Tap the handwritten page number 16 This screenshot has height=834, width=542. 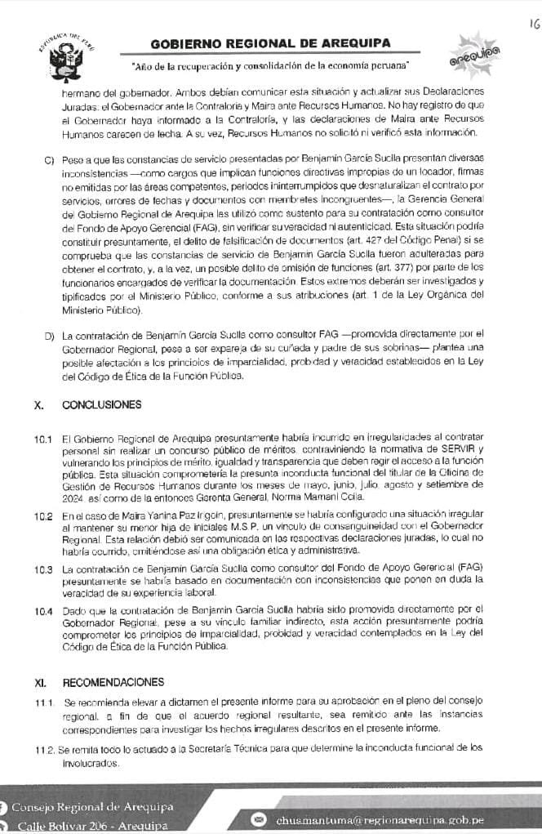click(x=531, y=25)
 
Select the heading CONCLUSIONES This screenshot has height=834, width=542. click(x=102, y=405)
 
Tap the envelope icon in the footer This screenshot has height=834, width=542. click(x=260, y=819)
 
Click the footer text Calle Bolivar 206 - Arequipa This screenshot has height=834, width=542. click(x=90, y=826)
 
